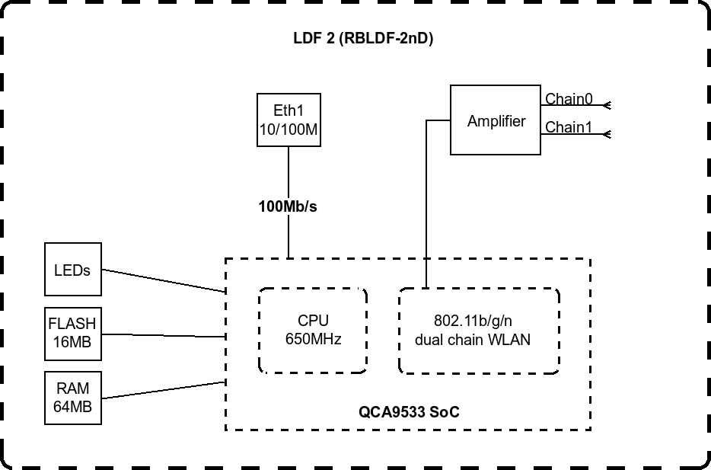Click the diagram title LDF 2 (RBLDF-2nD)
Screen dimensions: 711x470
pyautogui.click(x=363, y=39)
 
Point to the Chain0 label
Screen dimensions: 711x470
pyautogui.click(x=569, y=98)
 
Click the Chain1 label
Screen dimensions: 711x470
pyautogui.click(x=569, y=127)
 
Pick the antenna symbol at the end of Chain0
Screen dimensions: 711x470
pyautogui.click(x=607, y=105)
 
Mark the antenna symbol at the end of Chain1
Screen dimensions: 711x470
pyautogui.click(x=607, y=134)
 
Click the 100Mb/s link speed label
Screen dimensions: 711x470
pyautogui.click(x=288, y=206)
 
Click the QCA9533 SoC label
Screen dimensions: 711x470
pyautogui.click(x=409, y=412)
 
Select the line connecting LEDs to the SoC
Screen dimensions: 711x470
pyautogui.click(x=164, y=280)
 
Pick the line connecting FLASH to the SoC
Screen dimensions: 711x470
pyautogui.click(x=164, y=336)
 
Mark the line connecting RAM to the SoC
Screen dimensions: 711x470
pyautogui.click(x=164, y=390)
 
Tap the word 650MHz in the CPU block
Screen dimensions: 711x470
pyautogui.click(x=314, y=339)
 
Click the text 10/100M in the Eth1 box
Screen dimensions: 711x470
pyautogui.click(x=289, y=129)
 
